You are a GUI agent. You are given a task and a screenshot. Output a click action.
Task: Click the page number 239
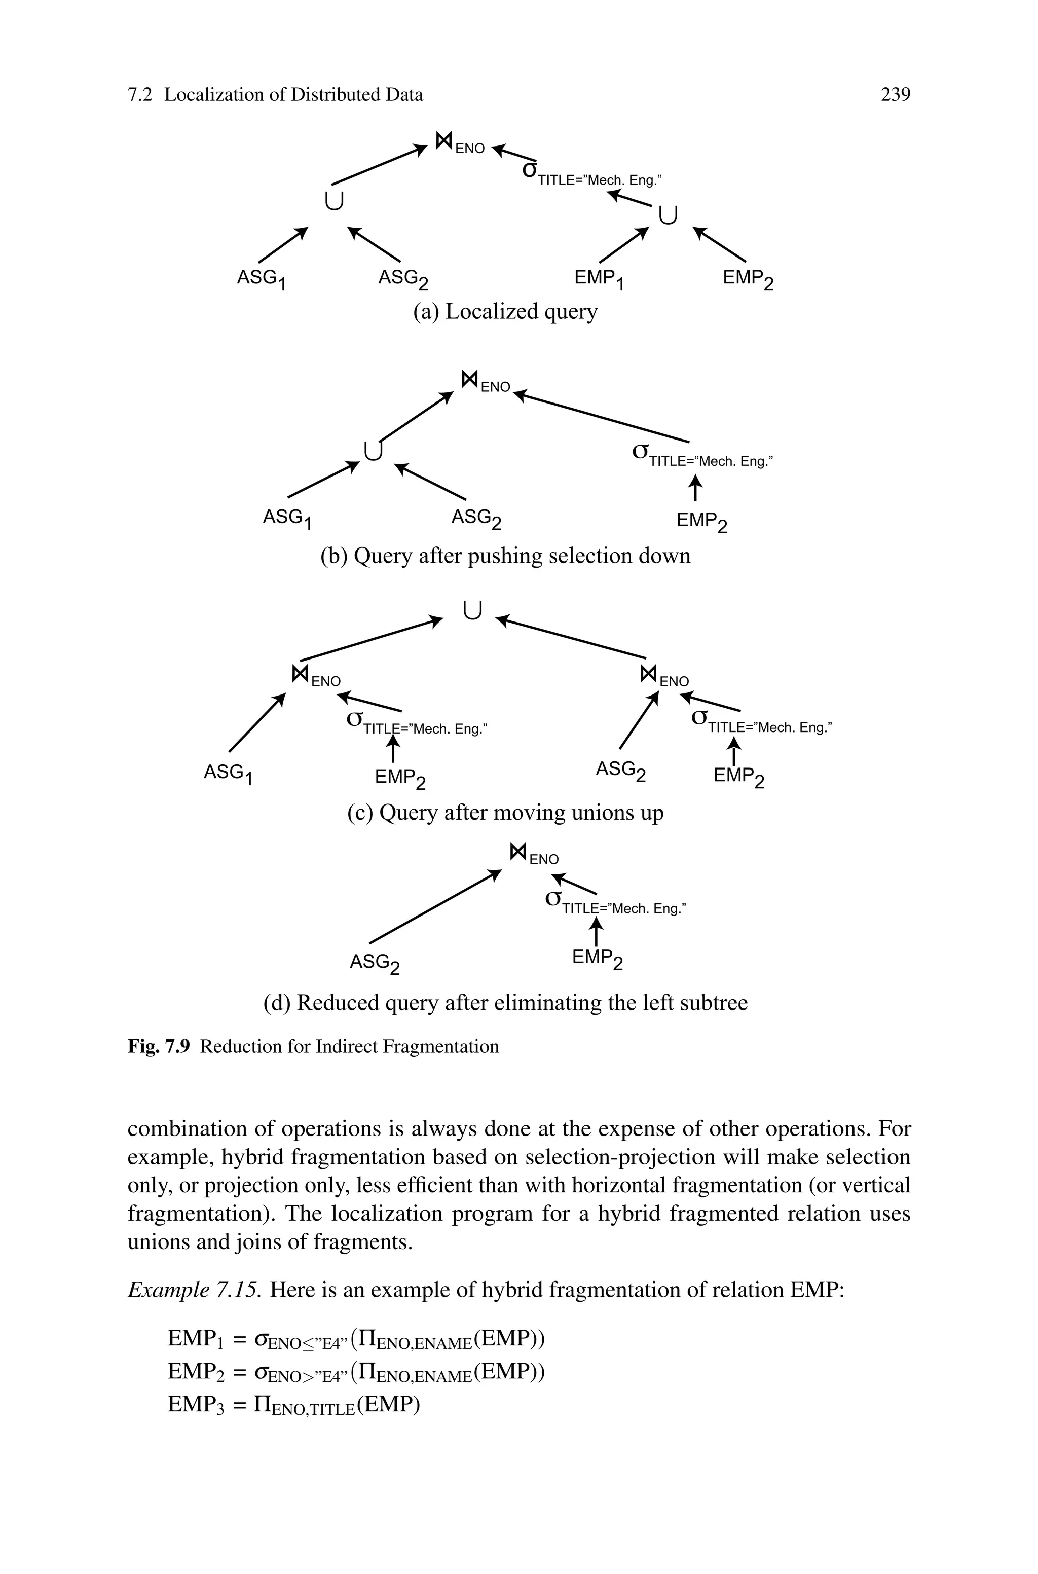click(x=895, y=95)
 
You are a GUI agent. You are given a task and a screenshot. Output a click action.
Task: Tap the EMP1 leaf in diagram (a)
click(x=599, y=279)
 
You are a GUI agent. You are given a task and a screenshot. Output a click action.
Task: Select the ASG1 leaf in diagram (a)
click(x=262, y=279)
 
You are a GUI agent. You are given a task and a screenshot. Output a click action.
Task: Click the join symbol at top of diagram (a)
click(x=443, y=141)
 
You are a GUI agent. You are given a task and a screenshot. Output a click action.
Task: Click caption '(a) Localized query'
click(x=505, y=312)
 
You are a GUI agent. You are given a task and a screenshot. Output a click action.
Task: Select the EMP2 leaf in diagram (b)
click(x=701, y=522)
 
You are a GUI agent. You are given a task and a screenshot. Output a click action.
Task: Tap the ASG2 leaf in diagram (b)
click(x=476, y=518)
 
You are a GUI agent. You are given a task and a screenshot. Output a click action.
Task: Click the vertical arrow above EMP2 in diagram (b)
click(x=694, y=489)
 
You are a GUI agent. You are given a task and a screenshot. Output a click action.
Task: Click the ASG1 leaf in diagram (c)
click(x=229, y=773)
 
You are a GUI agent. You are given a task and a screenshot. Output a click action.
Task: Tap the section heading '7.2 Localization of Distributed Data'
click(x=275, y=95)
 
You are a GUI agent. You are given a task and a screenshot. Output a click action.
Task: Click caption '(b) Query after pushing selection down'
click(x=505, y=555)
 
